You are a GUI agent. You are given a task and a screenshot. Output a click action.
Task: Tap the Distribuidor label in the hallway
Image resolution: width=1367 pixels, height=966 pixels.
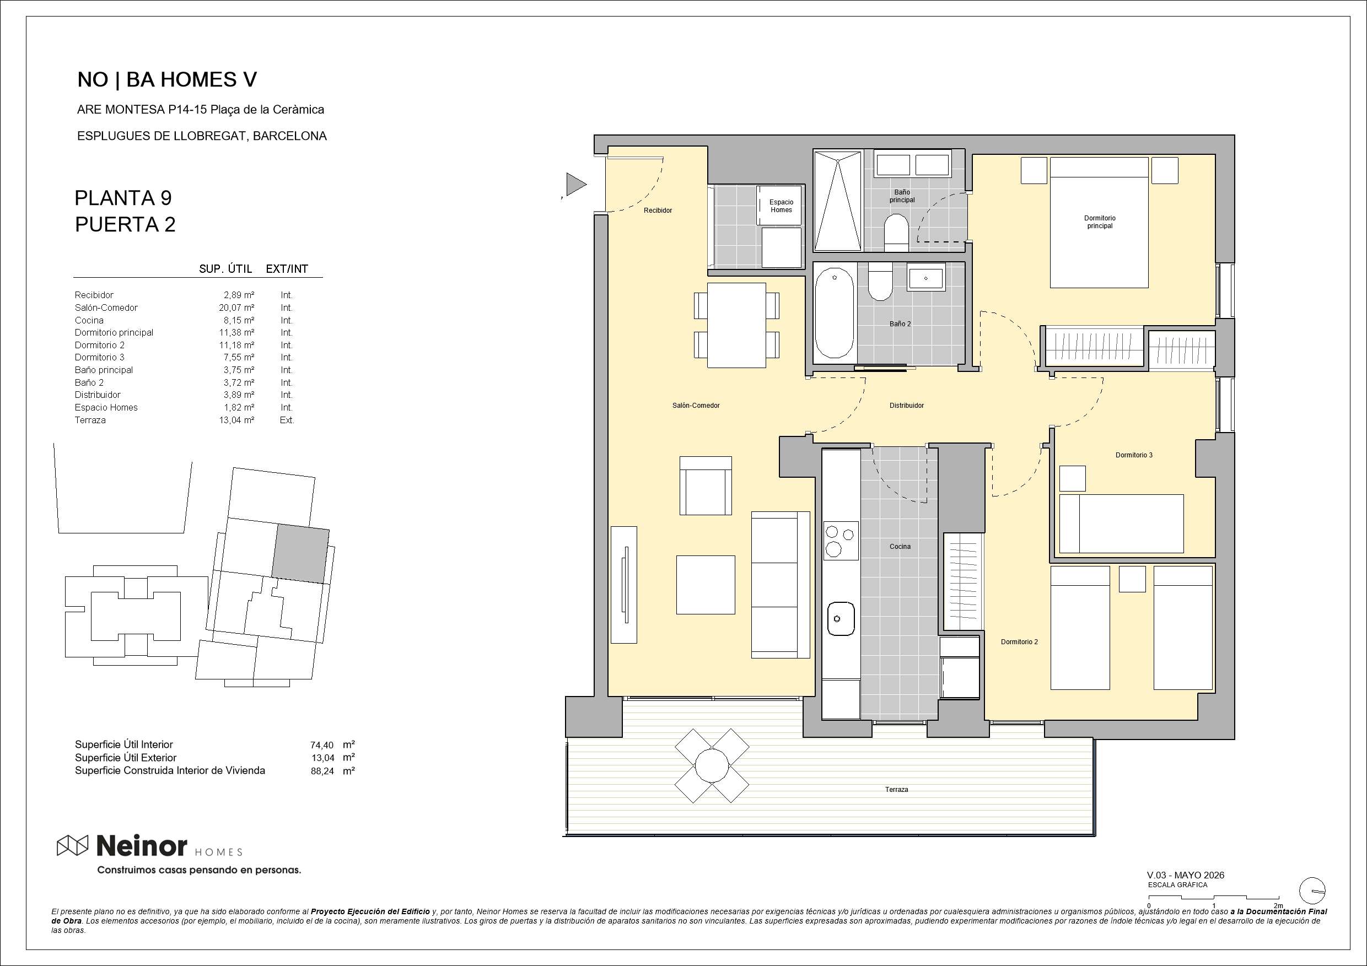pos(906,406)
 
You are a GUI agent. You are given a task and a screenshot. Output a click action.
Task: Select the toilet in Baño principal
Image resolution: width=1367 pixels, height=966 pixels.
pos(896,233)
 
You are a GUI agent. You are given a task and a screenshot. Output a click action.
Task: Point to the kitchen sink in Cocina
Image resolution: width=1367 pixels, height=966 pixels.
pos(841,619)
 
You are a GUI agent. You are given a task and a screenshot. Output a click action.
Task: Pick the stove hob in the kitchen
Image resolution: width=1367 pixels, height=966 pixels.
pos(841,541)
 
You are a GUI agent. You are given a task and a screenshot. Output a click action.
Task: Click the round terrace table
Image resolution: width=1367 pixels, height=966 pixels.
pos(712,765)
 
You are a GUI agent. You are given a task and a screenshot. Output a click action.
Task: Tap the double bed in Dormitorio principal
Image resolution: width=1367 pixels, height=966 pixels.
pos(1099,223)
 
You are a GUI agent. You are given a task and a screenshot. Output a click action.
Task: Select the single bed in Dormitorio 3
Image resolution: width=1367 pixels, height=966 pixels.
pos(1121,524)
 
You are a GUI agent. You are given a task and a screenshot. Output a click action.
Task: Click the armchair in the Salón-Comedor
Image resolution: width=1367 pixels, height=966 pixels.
pos(706,485)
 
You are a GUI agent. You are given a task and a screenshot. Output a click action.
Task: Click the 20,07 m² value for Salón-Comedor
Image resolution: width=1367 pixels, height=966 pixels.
pos(236,307)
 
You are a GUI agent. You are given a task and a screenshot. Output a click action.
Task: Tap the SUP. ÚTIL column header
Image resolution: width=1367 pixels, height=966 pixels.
pos(225,269)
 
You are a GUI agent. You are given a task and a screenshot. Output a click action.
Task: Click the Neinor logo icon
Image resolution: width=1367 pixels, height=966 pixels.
pos(72,845)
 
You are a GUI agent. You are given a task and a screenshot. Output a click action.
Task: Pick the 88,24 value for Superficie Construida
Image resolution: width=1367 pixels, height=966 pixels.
pos(322,771)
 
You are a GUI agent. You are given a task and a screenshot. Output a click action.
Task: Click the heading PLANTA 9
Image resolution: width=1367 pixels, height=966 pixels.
pos(123,198)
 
